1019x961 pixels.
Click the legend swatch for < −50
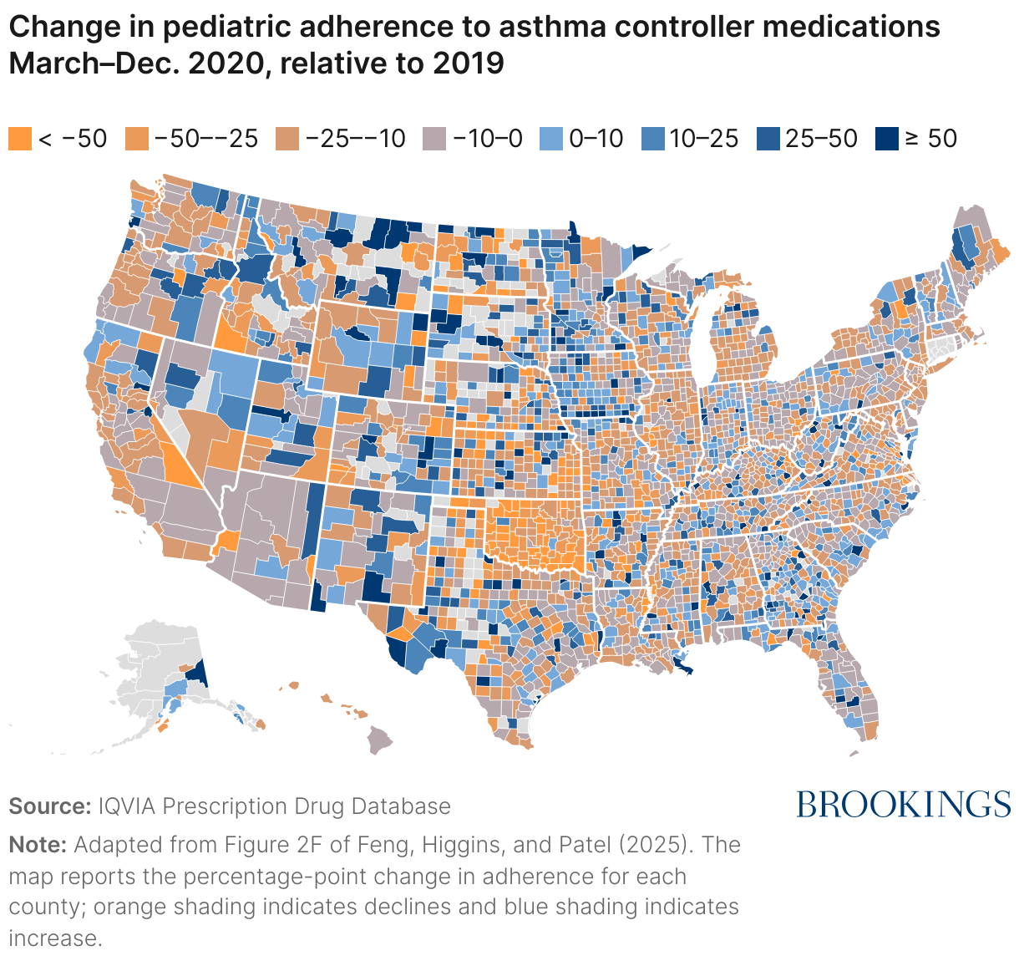click(x=20, y=139)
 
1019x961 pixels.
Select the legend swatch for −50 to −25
click(x=137, y=139)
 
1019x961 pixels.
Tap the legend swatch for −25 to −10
click(x=287, y=139)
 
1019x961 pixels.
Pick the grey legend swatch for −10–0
click(x=435, y=139)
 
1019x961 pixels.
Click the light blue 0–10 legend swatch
click(x=551, y=139)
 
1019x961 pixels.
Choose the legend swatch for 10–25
click(x=652, y=139)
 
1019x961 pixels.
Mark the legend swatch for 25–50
click(x=768, y=139)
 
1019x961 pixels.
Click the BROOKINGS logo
click(x=903, y=804)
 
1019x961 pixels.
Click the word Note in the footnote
click(x=37, y=845)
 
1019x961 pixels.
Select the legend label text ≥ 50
click(x=930, y=139)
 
